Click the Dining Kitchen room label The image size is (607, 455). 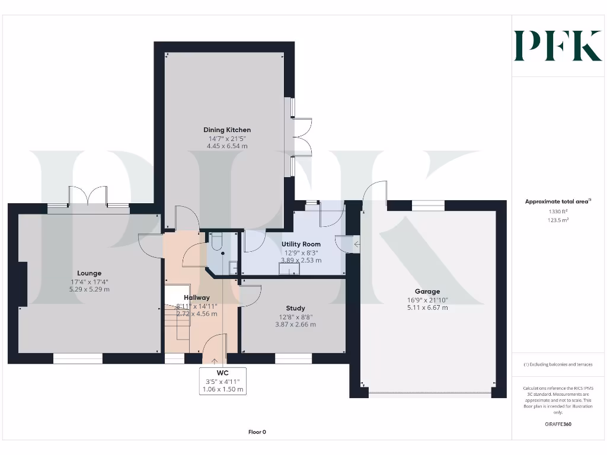click(x=227, y=130)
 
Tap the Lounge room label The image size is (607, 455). click(x=89, y=273)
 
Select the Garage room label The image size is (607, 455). click(x=427, y=291)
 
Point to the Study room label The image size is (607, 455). click(x=295, y=308)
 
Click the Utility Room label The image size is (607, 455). click(x=301, y=244)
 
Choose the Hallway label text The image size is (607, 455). click(x=196, y=297)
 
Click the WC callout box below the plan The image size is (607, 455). click(x=223, y=381)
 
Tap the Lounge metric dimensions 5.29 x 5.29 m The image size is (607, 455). click(x=89, y=289)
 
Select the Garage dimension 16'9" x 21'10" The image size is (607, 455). click(x=427, y=300)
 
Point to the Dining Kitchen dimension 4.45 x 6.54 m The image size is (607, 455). click(x=227, y=146)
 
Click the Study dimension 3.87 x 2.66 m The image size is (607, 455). click(x=295, y=324)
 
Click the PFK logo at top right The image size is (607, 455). click(x=558, y=46)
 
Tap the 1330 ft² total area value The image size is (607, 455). click(x=558, y=212)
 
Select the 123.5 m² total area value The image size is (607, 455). click(x=558, y=220)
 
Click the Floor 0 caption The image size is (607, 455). click(x=257, y=432)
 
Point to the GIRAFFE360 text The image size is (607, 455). click(x=558, y=424)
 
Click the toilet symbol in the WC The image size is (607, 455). click(x=216, y=241)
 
